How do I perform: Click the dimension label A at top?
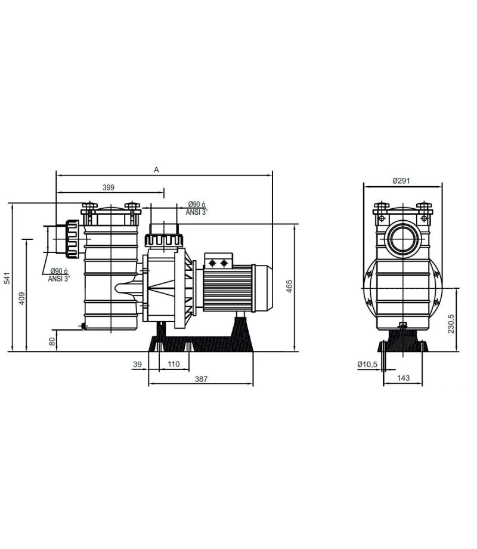(156, 170)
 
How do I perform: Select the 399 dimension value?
(109, 187)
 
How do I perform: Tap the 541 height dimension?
(7, 277)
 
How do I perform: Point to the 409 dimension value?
(22, 298)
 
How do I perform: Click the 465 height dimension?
(289, 286)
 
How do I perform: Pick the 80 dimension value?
(52, 342)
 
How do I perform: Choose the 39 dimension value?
(138, 364)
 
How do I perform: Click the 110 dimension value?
(174, 364)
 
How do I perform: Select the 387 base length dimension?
(201, 379)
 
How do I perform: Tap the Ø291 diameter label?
(401, 181)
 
